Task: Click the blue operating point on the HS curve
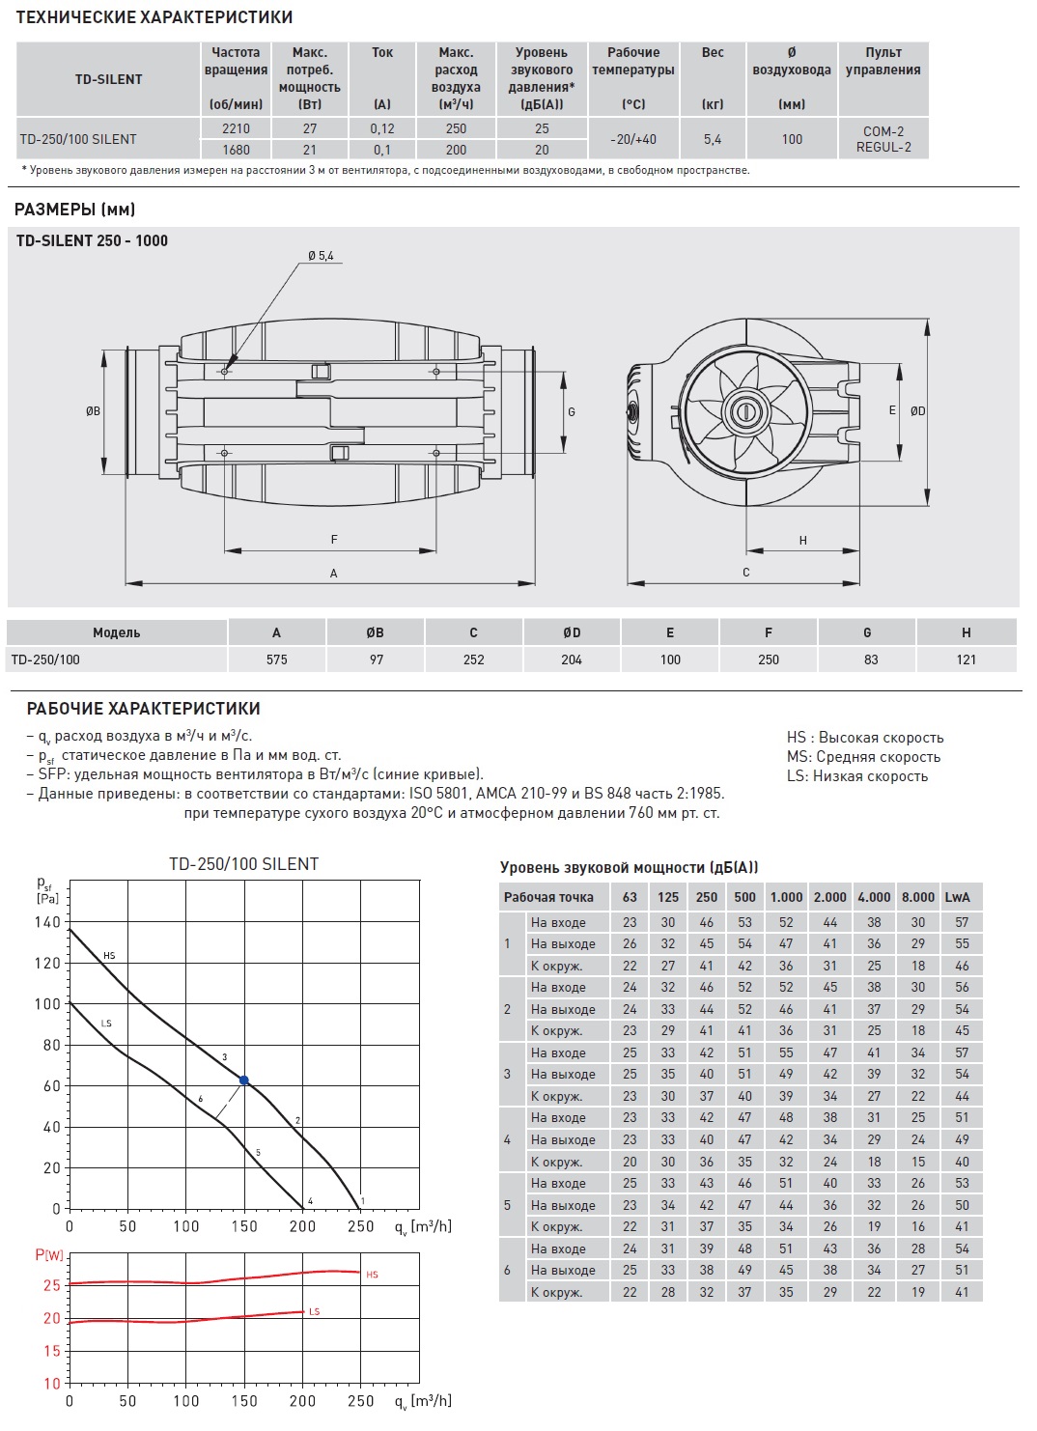point(243,1080)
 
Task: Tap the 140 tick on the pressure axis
point(48,922)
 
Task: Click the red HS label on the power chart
point(373,1275)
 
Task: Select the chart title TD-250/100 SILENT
point(243,864)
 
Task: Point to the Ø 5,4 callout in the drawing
point(321,256)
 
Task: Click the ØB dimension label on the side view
point(93,411)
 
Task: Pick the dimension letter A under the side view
point(333,574)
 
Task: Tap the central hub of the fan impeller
point(744,412)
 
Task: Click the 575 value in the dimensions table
point(276,659)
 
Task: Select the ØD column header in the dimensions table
point(572,632)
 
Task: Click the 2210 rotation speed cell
point(236,128)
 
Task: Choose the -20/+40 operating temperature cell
point(633,139)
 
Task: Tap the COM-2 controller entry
point(883,131)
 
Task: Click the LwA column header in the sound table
point(957,897)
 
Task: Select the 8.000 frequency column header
point(917,897)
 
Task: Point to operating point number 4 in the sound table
point(507,1139)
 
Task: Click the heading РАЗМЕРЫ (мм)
point(75,210)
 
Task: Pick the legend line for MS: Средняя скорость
point(863,757)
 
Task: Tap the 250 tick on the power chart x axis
point(360,1400)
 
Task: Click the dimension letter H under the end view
point(802,541)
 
